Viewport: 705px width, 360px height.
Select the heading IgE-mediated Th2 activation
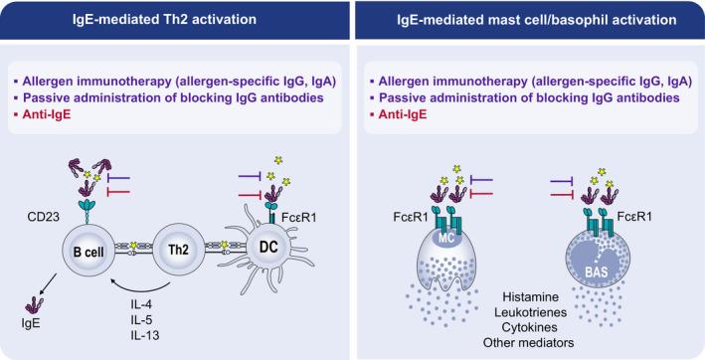(x=175, y=18)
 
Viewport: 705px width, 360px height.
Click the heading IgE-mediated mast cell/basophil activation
(x=529, y=18)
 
